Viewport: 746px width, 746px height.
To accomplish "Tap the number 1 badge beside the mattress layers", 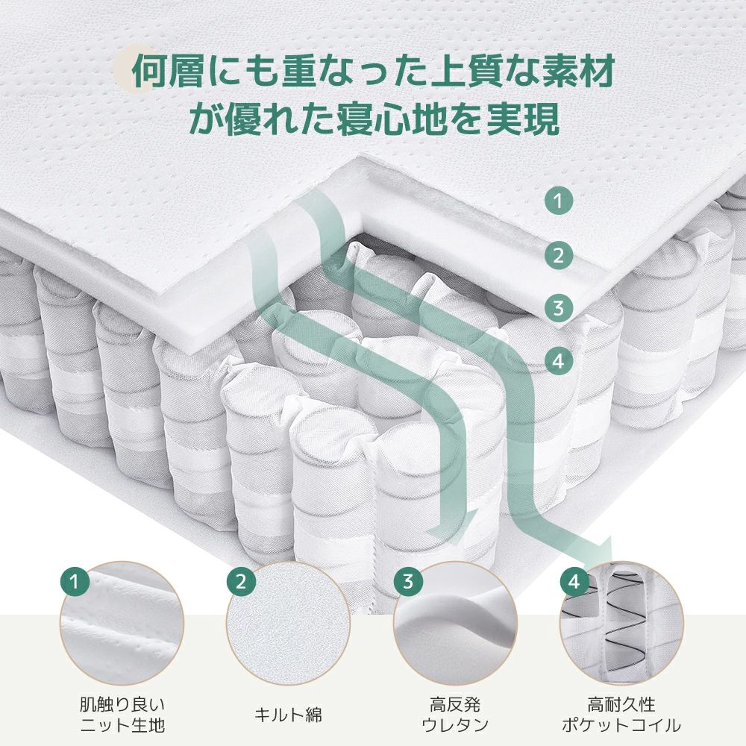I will [x=558, y=200].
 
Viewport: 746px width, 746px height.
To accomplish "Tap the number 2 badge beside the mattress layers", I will [x=558, y=256].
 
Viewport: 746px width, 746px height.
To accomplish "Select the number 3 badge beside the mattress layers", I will [x=558, y=307].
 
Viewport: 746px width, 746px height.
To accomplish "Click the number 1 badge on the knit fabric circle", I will [x=73, y=580].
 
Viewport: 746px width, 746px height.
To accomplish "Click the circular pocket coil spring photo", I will [x=622, y=624].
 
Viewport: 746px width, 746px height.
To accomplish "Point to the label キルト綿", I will [x=289, y=715].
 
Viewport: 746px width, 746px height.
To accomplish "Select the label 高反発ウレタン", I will [x=455, y=714].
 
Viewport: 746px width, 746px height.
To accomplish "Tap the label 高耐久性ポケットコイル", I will [x=622, y=714].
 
